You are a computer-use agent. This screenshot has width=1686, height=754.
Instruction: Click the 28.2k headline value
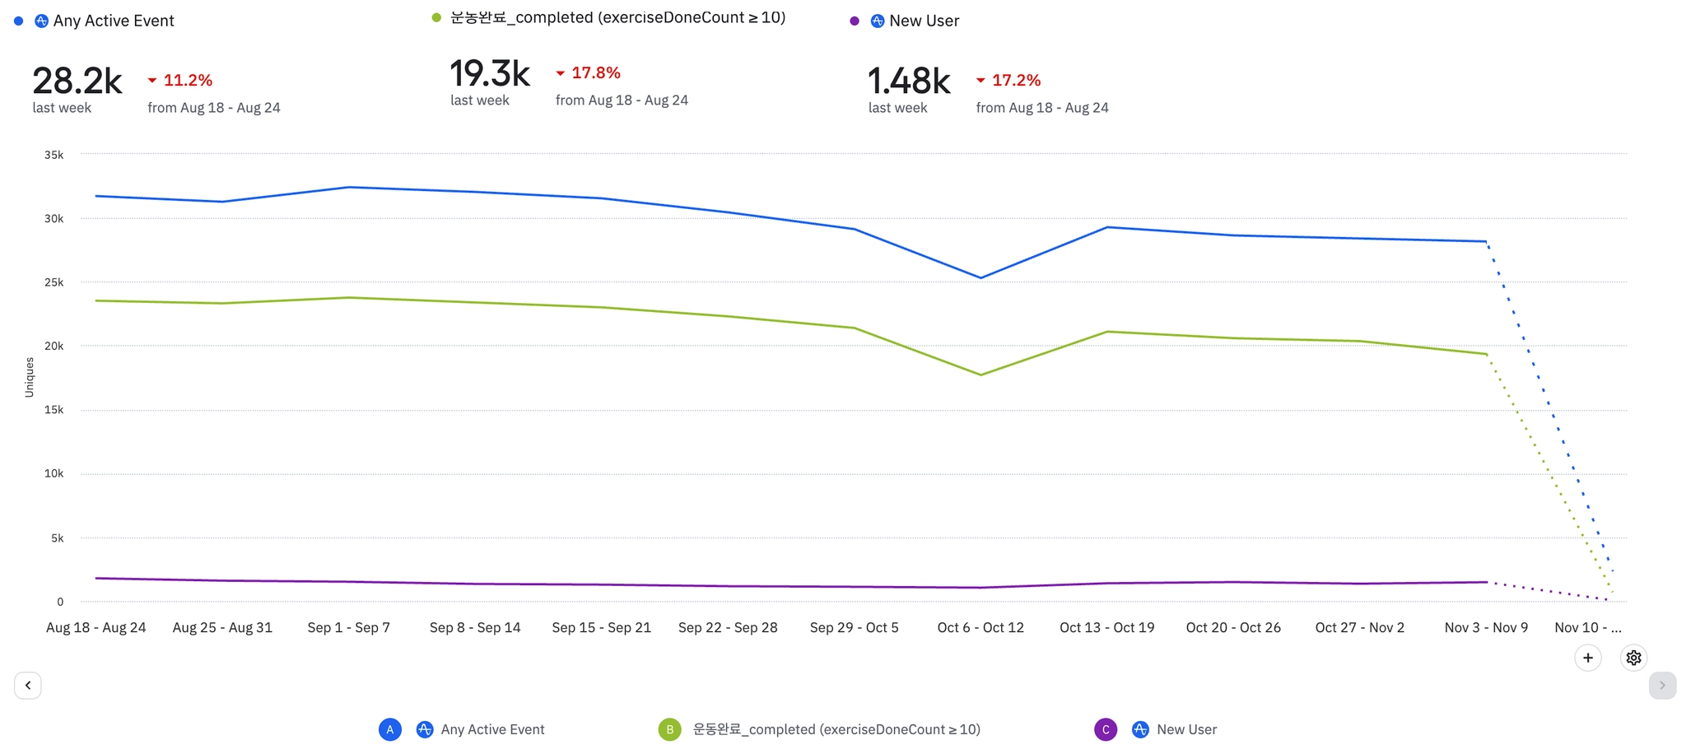click(77, 81)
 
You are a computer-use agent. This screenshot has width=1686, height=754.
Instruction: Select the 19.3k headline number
click(490, 73)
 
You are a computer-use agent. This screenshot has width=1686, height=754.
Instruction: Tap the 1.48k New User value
click(909, 81)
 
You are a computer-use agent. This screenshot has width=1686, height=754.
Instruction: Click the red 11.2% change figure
click(188, 80)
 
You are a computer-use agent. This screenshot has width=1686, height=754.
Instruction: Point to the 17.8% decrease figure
click(595, 72)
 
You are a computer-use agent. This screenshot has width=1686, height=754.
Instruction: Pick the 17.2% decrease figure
click(1016, 80)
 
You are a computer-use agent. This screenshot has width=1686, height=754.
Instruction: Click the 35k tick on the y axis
click(54, 155)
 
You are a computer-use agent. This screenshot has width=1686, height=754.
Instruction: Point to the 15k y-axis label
click(54, 410)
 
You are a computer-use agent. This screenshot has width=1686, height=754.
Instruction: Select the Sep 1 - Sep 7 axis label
click(348, 627)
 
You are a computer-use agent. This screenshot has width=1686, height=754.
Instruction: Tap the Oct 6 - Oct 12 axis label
click(980, 627)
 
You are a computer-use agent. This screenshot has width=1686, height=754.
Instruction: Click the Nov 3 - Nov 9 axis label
click(1486, 627)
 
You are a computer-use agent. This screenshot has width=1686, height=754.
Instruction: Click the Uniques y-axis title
click(30, 377)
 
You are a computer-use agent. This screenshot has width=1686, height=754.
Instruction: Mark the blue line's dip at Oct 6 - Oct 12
click(980, 277)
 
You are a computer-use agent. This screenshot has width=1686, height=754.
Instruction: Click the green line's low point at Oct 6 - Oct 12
click(980, 375)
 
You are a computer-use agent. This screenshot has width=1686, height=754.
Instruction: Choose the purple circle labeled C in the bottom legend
click(1106, 729)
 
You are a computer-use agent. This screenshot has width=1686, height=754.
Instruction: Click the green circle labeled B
click(670, 729)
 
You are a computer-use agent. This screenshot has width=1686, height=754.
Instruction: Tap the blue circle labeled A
click(390, 729)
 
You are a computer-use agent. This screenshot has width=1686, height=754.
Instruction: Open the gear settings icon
click(1633, 658)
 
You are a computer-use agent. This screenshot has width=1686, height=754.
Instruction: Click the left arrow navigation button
click(28, 685)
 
